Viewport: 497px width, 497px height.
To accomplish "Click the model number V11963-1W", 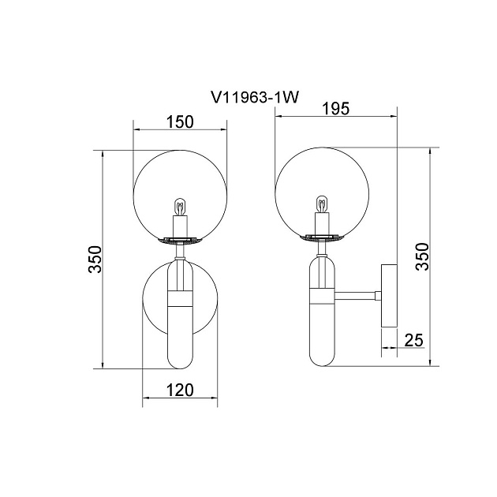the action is (255, 97).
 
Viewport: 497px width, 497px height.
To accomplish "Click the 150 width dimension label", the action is (180, 121).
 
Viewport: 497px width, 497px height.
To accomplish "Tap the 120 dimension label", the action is (180, 390).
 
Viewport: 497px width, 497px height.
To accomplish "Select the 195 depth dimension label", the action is (335, 109).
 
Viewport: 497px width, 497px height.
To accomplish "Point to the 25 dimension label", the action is (414, 341).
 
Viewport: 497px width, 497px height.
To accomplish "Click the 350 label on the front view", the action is (95, 259).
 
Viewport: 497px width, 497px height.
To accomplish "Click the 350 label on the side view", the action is (422, 256).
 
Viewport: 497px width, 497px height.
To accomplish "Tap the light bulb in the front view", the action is (180, 207).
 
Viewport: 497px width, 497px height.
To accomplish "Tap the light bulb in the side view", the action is (322, 204).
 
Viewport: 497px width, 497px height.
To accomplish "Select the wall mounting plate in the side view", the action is (389, 296).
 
